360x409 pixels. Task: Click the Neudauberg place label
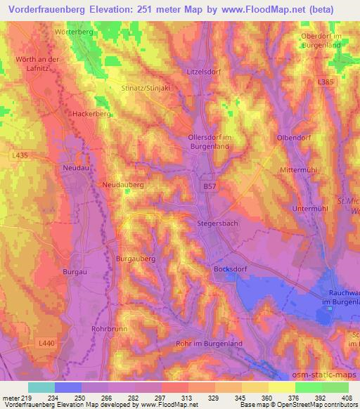[x=123, y=184]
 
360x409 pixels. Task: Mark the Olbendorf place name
[x=294, y=138]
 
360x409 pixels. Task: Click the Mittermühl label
[x=300, y=171]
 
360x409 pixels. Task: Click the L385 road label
[x=325, y=82]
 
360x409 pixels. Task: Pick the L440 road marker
[x=46, y=342]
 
